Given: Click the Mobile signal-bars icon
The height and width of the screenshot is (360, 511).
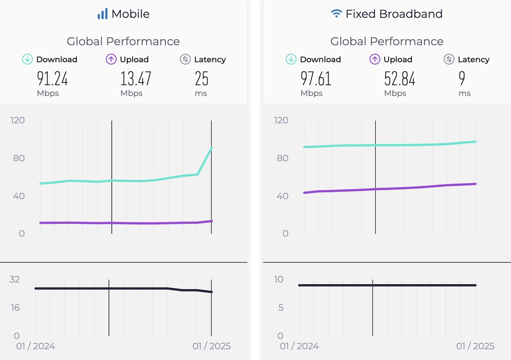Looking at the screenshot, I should pos(103,14).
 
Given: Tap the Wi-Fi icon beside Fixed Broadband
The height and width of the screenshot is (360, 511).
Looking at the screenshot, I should pos(337,14).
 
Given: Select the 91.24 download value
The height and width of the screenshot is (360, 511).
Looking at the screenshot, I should pos(52,79).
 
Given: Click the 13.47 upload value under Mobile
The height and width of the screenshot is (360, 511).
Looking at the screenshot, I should pos(136,79).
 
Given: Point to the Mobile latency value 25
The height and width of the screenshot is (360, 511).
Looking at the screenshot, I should pos(202,79).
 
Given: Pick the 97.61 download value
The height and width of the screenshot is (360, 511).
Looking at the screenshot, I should pos(316,79).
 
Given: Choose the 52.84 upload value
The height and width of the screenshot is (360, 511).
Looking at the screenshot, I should pos(400,79).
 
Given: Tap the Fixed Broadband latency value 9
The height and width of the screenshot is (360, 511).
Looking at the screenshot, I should pos(462,79).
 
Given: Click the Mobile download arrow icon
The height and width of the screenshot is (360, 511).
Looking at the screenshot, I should pos(27,59).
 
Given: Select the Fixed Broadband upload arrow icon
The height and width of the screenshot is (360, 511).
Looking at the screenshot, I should pos(374,59).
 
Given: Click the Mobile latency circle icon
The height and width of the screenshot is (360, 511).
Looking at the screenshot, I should pos(185,59).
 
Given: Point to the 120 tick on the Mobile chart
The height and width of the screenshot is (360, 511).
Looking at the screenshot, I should pos(17,120).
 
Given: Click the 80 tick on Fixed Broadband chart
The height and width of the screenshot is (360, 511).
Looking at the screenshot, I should pos(282,158).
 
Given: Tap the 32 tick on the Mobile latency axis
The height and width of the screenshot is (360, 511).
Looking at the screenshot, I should pos(14,279).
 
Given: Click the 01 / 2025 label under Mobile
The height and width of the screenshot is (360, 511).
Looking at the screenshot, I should pos(212,346).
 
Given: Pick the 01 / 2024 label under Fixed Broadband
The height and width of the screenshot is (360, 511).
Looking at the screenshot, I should pos(299,346).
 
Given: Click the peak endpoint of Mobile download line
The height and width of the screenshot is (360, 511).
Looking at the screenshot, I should pos(211,148).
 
